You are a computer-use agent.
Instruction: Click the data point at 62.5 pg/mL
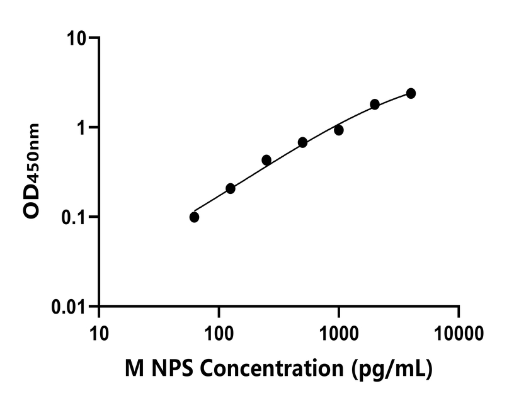click(x=194, y=217)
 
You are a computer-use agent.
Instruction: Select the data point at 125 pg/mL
click(x=231, y=189)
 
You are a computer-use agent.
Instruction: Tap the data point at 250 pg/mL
click(x=266, y=160)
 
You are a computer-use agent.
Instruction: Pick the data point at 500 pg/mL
click(x=302, y=142)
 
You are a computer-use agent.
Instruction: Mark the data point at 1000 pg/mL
click(x=339, y=130)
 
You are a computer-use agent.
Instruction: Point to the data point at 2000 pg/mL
click(x=375, y=104)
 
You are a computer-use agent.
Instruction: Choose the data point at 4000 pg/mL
click(x=411, y=93)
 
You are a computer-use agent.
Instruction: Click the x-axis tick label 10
click(x=99, y=331)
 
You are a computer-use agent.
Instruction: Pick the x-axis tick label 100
click(x=219, y=331)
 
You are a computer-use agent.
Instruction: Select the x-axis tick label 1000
click(x=339, y=331)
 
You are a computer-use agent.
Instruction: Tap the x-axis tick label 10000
click(x=459, y=331)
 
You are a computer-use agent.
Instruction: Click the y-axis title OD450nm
click(x=32, y=171)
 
